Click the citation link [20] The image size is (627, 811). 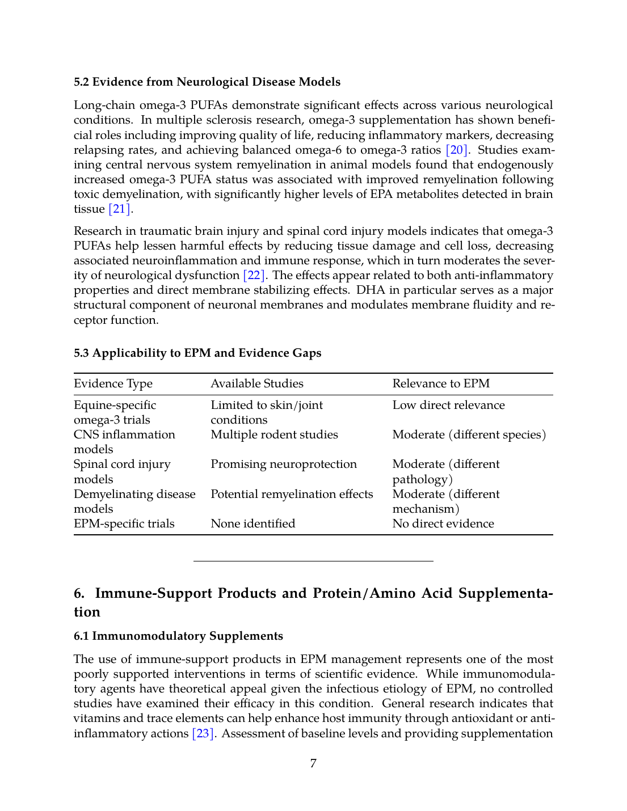click(x=457, y=150)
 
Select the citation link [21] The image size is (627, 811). click(x=120, y=209)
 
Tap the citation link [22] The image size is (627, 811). click(x=254, y=276)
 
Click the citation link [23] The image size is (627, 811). click(x=203, y=734)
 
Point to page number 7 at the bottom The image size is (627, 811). click(x=313, y=763)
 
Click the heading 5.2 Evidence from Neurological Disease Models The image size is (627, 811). click(x=207, y=82)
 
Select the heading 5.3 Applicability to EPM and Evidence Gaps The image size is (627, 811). click(x=197, y=353)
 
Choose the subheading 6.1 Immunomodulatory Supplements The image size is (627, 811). click(x=178, y=636)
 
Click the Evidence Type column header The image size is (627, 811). click(x=113, y=384)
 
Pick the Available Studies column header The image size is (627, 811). click(x=257, y=384)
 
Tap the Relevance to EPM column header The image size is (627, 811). click(x=441, y=384)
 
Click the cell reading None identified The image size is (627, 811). click(x=253, y=524)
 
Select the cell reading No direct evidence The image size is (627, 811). click(x=443, y=524)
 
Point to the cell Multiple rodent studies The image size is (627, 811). click(x=274, y=435)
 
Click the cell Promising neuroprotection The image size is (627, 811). click(x=284, y=464)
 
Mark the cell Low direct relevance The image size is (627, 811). click(x=448, y=405)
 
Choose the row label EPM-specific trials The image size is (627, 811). click(x=124, y=524)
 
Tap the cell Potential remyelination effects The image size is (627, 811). click(x=292, y=495)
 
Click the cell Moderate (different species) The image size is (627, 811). click(x=469, y=435)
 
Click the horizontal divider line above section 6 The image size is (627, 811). click(x=313, y=561)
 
